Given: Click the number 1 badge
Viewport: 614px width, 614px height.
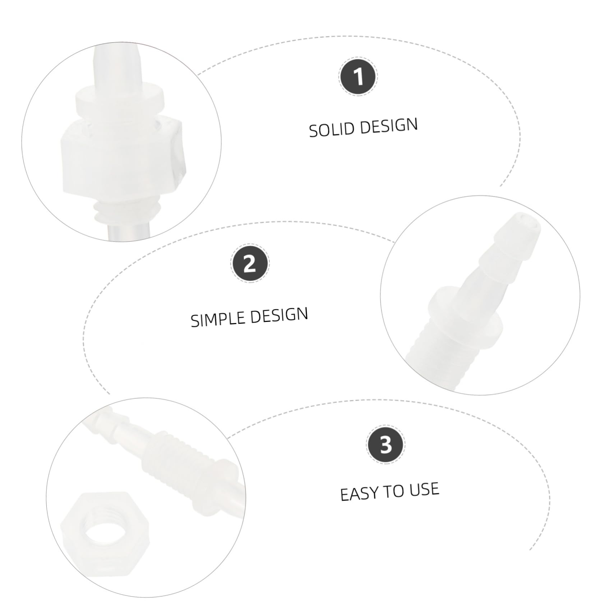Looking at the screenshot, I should tap(358, 77).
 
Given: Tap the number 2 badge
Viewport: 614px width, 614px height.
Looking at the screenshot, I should tap(249, 264).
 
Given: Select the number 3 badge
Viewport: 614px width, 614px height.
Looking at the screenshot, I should tap(386, 445).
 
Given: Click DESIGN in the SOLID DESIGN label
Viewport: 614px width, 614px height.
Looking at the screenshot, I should tap(389, 126).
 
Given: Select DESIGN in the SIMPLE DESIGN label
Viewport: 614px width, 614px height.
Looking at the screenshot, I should tap(279, 315).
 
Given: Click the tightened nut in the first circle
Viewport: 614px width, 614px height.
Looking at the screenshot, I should tap(122, 156).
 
